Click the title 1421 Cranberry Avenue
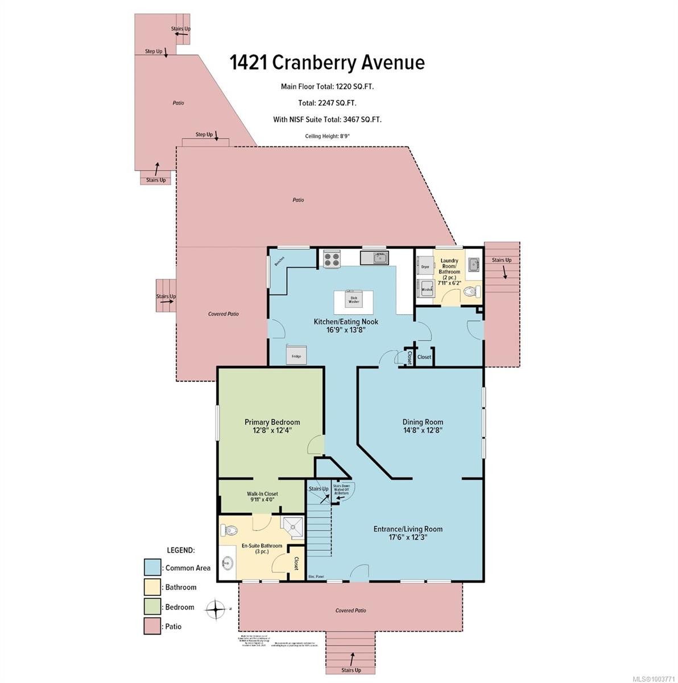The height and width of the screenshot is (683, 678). (x=327, y=62)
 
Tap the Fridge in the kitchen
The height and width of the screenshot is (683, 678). (x=296, y=354)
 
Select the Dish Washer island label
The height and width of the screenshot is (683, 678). (x=353, y=298)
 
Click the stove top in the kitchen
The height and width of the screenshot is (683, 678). (x=332, y=259)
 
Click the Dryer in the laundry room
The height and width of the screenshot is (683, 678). (x=425, y=266)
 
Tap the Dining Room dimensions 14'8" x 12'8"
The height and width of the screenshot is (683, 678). (x=423, y=431)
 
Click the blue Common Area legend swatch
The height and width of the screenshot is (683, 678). (x=152, y=567)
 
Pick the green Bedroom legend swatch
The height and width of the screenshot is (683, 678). (x=152, y=607)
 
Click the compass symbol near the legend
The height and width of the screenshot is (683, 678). (x=216, y=609)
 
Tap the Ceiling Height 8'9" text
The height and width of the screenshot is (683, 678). (x=327, y=136)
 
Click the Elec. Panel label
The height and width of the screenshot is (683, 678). (x=316, y=576)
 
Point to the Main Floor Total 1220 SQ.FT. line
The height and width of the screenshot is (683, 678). (x=327, y=87)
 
